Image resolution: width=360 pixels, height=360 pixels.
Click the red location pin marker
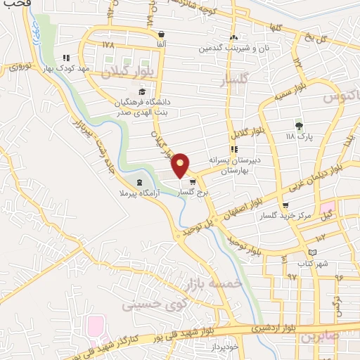point(181,165)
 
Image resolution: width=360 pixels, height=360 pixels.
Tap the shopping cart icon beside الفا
point(162,34)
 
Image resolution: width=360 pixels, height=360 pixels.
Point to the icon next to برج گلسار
point(192,182)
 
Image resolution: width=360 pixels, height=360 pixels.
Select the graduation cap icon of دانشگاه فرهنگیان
point(143,91)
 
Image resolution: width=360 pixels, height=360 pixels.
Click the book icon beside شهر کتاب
point(313,252)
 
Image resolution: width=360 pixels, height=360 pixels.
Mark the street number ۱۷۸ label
point(107,44)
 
